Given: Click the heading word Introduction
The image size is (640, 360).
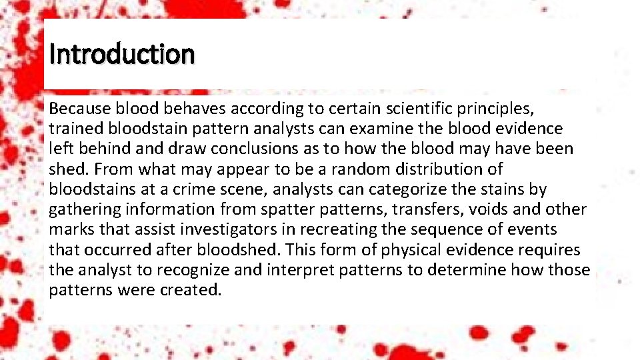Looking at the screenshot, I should pos(122,54).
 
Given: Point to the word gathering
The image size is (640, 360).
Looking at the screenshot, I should pos(81,209).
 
